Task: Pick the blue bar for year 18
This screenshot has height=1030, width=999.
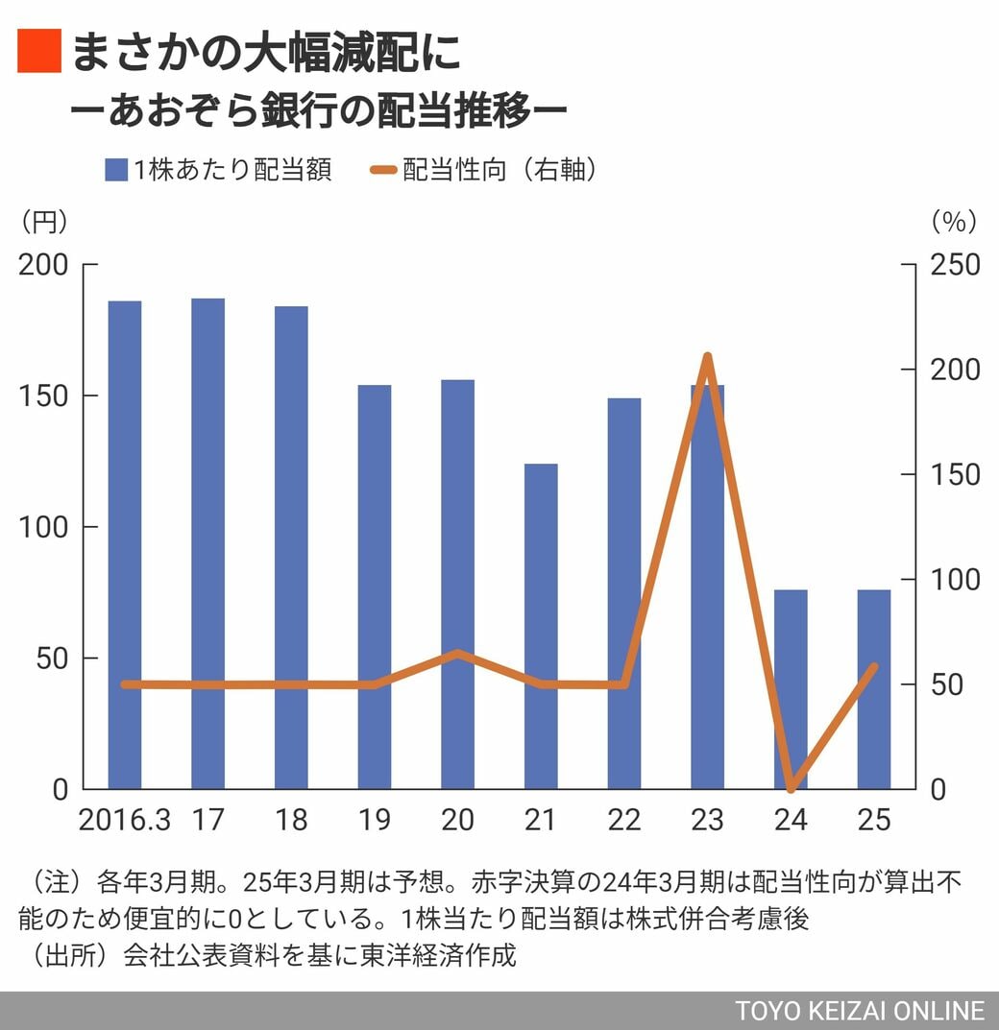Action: click(291, 547)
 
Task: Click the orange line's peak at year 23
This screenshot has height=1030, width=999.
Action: click(707, 357)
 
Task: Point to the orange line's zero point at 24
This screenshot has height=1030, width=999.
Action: click(791, 788)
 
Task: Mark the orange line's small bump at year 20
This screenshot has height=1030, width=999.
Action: click(458, 654)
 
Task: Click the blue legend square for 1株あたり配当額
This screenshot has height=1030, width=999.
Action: click(115, 171)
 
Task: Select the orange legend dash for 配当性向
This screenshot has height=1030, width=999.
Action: click(382, 171)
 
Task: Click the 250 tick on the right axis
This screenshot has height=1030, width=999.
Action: click(955, 265)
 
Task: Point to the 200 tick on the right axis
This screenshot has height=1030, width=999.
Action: click(955, 370)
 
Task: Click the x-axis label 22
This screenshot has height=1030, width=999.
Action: click(624, 820)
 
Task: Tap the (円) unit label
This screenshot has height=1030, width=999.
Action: click(44, 222)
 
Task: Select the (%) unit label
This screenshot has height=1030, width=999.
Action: click(954, 222)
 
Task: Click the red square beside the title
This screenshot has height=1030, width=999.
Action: click(39, 52)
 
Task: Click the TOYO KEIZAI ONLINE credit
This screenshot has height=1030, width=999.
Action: click(860, 1011)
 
